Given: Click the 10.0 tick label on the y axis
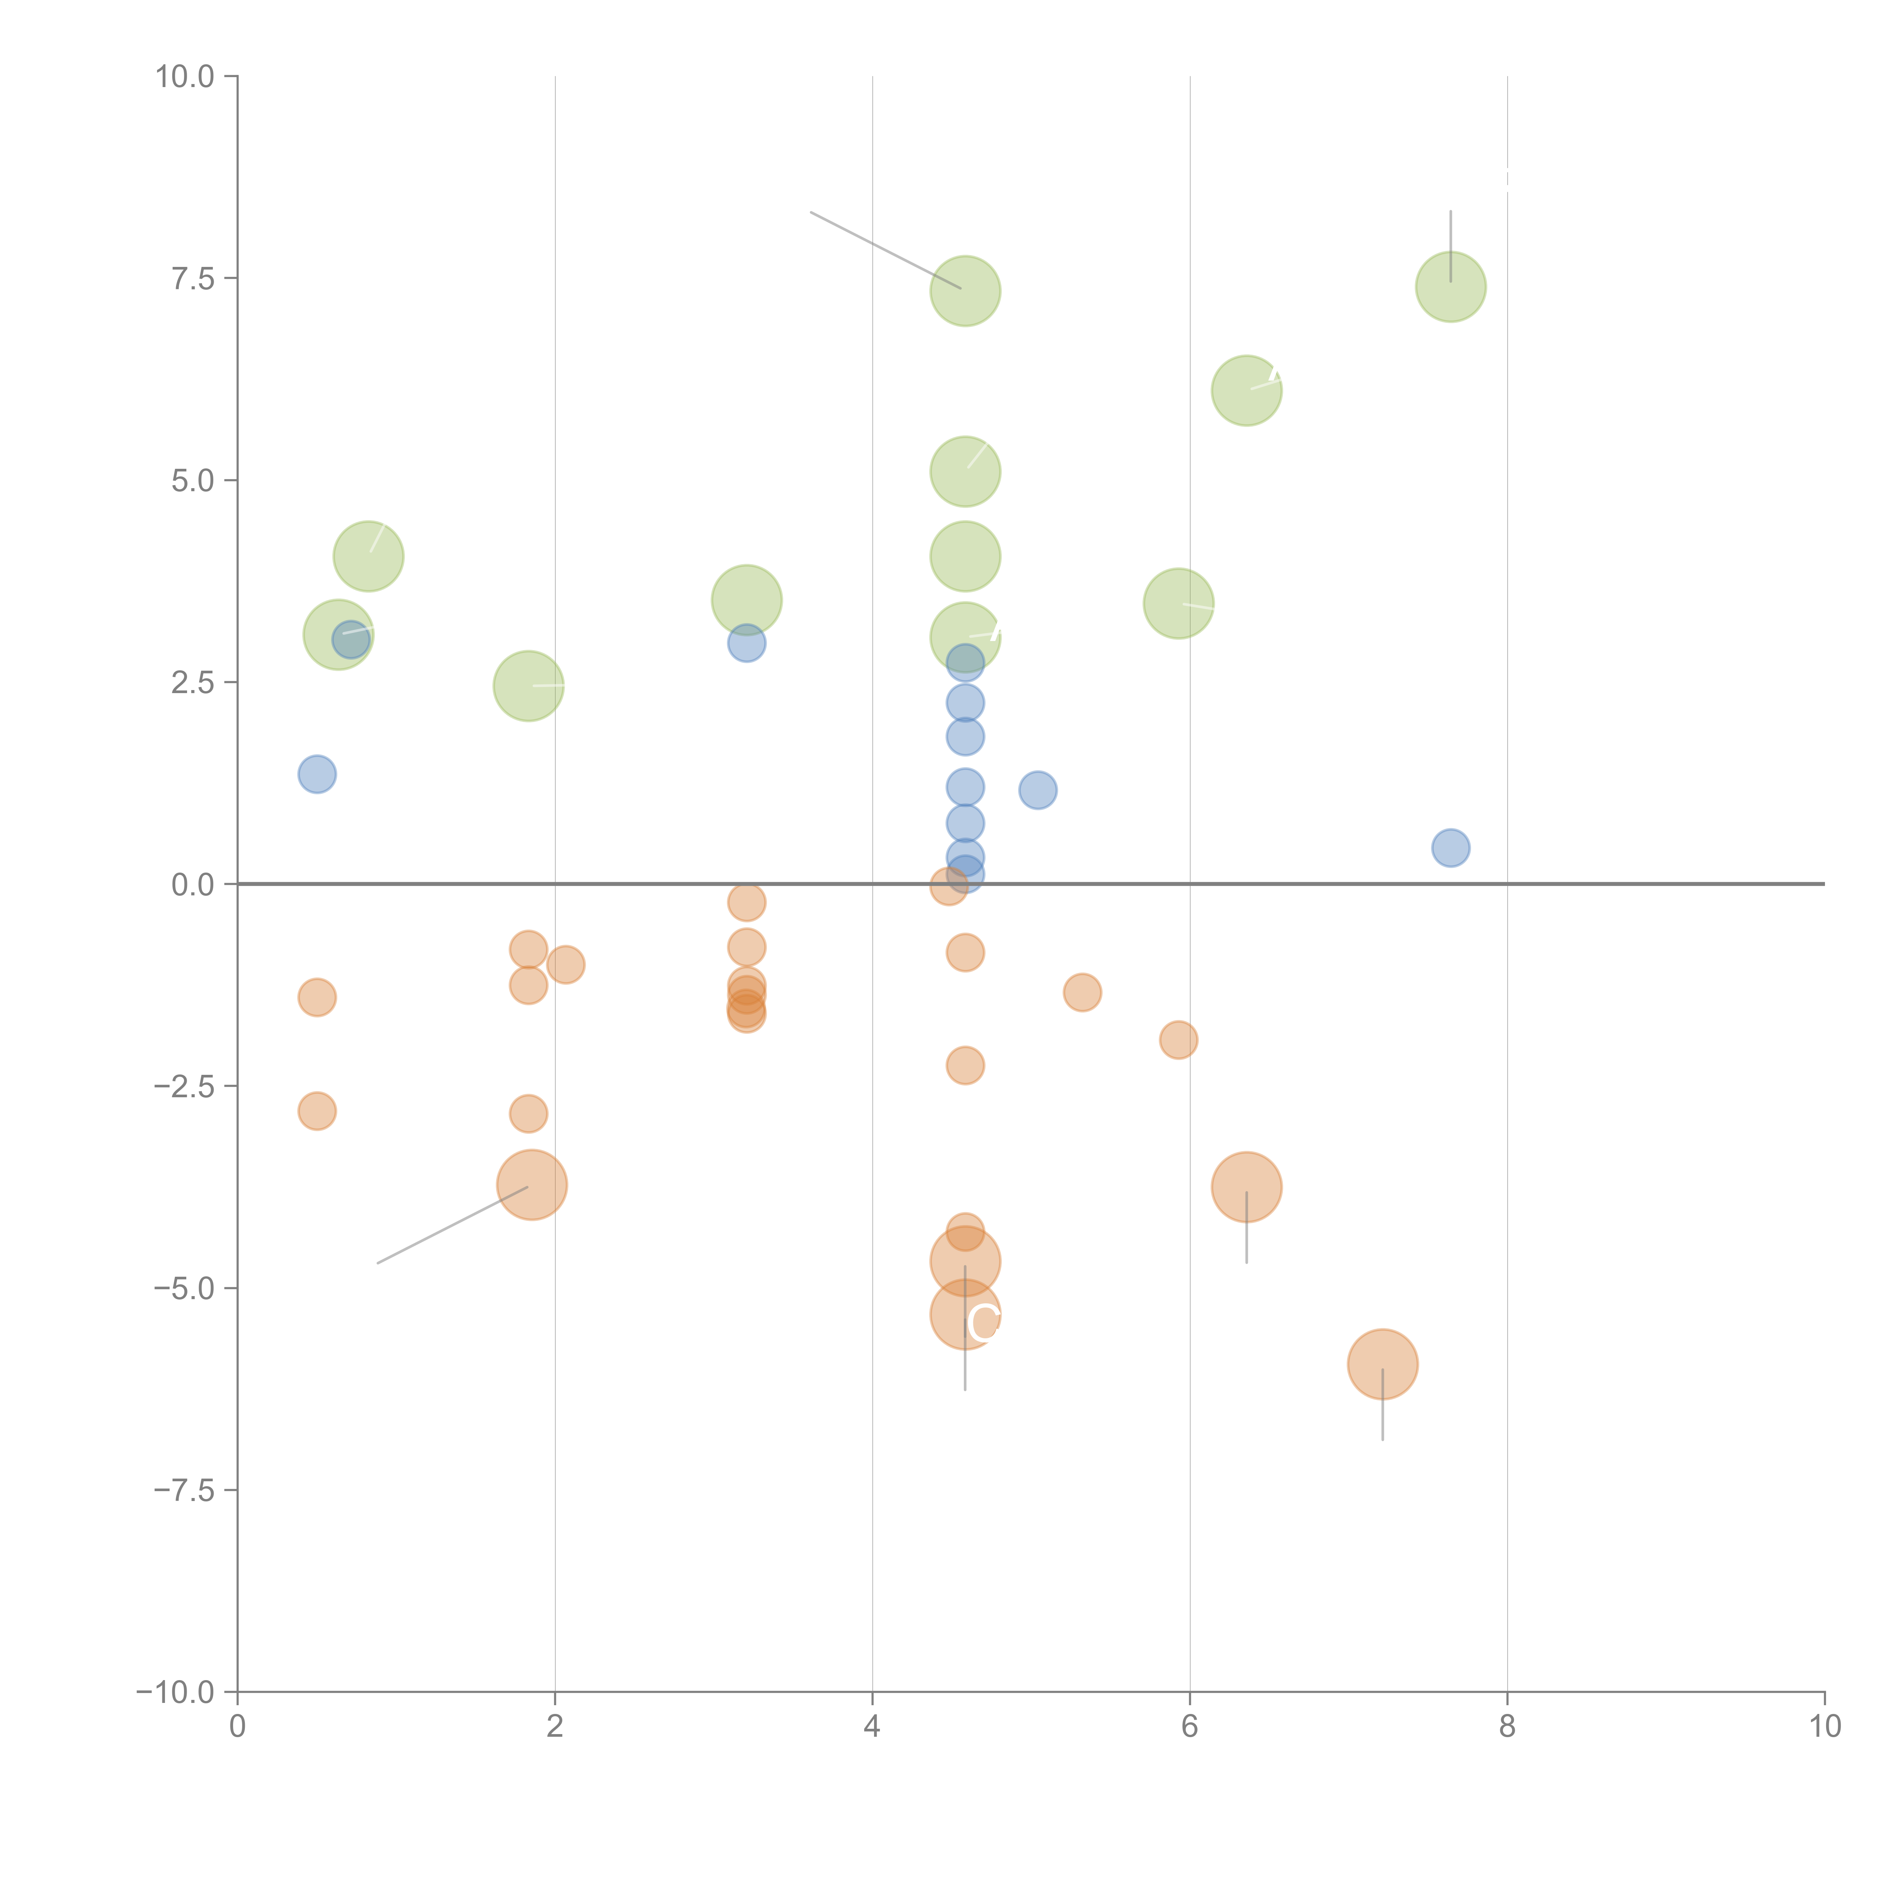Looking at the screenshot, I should coord(185,77).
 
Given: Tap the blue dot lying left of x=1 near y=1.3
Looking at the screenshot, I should coord(317,774).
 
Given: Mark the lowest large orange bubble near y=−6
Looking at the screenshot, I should coord(1382,1364).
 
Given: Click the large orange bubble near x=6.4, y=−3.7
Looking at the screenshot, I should coord(1247,1187).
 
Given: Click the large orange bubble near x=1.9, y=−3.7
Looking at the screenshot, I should coord(532,1185).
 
